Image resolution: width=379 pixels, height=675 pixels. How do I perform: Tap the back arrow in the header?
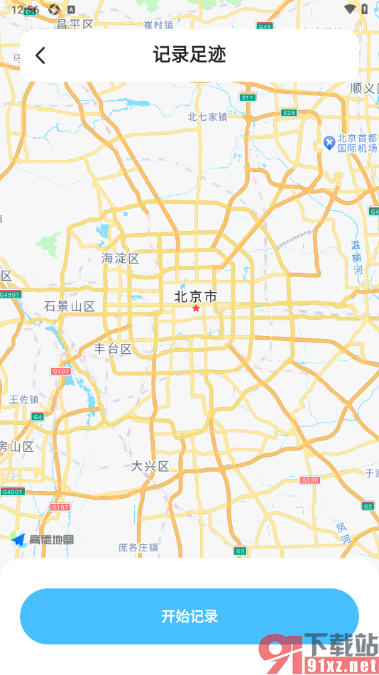(x=40, y=55)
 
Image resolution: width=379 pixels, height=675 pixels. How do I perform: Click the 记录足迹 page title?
(x=189, y=55)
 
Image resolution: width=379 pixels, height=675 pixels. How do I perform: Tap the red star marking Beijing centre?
(x=196, y=308)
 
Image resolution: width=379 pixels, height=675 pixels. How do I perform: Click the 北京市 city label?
(x=195, y=296)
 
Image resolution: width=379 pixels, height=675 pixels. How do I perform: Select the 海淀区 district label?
(x=121, y=258)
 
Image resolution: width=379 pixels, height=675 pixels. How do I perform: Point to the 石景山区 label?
(x=70, y=306)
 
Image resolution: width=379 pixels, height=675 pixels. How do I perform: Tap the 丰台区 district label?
(x=114, y=349)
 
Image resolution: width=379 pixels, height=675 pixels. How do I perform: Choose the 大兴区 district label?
(x=150, y=466)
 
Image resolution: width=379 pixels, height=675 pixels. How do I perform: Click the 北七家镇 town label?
(x=207, y=117)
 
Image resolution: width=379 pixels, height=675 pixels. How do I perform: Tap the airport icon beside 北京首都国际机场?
(x=329, y=142)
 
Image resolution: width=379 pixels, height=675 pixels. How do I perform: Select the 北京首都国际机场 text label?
(x=357, y=144)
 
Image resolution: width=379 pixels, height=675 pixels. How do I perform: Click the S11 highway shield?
(x=247, y=97)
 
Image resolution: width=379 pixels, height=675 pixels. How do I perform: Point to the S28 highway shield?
(x=289, y=112)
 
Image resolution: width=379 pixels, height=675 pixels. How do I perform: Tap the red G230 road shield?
(x=310, y=480)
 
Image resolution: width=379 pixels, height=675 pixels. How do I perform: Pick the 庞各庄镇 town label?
(x=138, y=547)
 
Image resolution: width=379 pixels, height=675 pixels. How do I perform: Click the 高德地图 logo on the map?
(x=43, y=539)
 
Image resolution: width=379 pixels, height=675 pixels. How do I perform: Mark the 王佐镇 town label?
(x=24, y=399)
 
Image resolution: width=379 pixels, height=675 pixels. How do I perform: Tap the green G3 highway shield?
(x=240, y=551)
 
